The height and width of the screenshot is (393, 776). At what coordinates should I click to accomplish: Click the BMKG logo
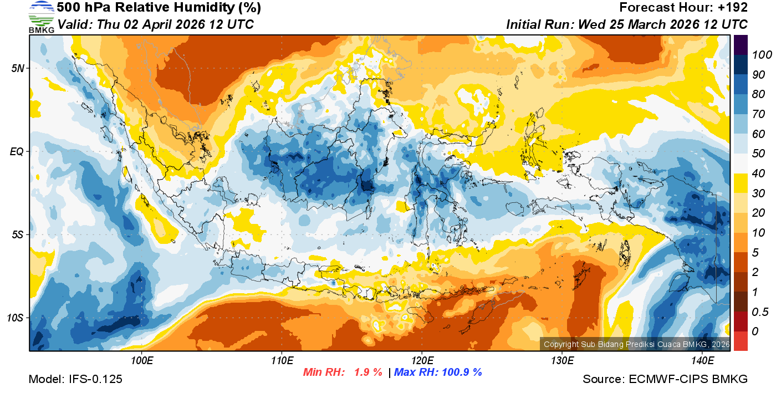click(x=42, y=17)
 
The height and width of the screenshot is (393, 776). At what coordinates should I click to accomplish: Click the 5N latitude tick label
click(x=17, y=68)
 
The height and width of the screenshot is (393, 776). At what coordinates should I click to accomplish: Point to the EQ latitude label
click(x=17, y=151)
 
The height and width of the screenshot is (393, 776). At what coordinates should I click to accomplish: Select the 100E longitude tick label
click(x=142, y=361)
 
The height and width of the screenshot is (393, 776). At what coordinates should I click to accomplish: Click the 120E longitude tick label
click(x=422, y=361)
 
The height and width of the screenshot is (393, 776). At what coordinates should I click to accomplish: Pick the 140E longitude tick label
click(x=702, y=361)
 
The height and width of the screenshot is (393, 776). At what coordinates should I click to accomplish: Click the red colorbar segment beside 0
click(x=741, y=340)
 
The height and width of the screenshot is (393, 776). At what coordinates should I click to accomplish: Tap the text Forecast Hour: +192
click(x=683, y=8)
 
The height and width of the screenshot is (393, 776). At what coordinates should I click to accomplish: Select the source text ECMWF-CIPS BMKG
click(x=688, y=379)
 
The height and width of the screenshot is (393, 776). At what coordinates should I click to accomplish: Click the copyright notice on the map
click(x=636, y=344)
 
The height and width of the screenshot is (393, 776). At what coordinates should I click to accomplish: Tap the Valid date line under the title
click(x=156, y=24)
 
